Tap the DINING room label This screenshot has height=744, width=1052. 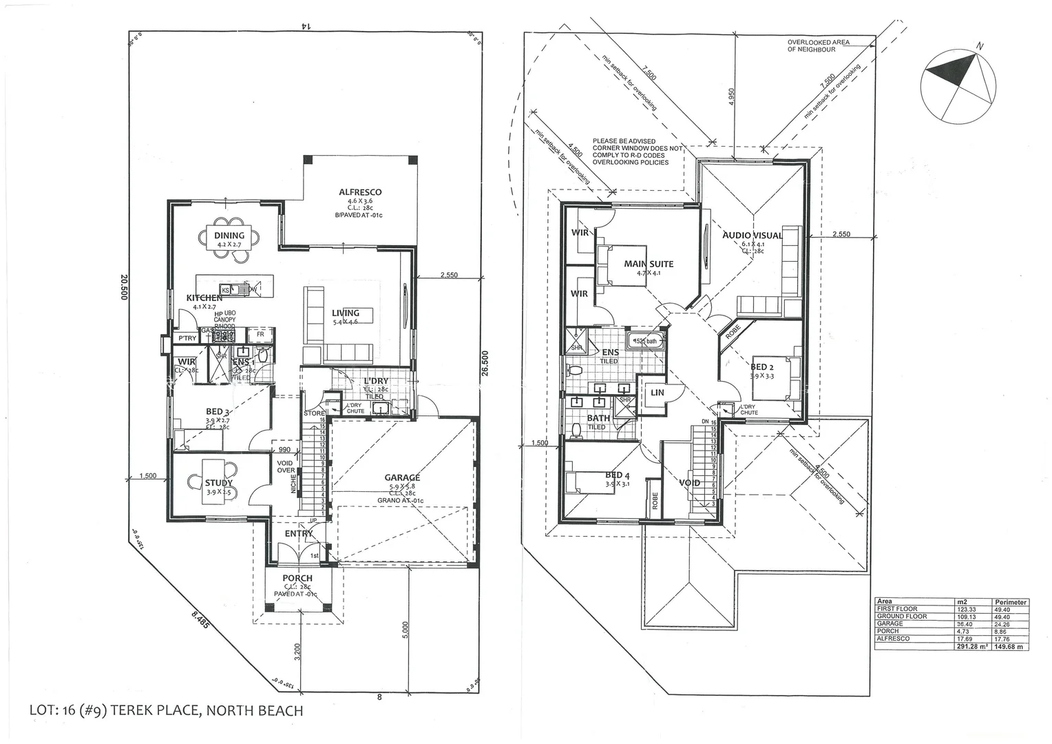pyautogui.click(x=229, y=236)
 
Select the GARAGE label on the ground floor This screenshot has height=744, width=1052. pyautogui.click(x=402, y=477)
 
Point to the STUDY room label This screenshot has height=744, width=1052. pyautogui.click(x=219, y=483)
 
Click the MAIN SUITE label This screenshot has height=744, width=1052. pyautogui.click(x=649, y=264)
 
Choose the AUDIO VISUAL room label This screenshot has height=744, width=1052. pyautogui.click(x=753, y=236)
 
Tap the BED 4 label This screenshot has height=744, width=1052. pyautogui.click(x=618, y=475)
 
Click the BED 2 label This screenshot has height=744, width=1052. pyautogui.click(x=762, y=367)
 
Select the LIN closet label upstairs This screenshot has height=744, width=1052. pyautogui.click(x=657, y=393)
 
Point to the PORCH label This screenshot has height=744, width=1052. pyautogui.click(x=297, y=578)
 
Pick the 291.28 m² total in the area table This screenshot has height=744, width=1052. pyautogui.click(x=973, y=646)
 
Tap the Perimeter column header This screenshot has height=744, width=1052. pyautogui.click(x=1010, y=602)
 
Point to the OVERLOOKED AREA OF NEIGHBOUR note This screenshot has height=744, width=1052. pyautogui.click(x=818, y=46)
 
